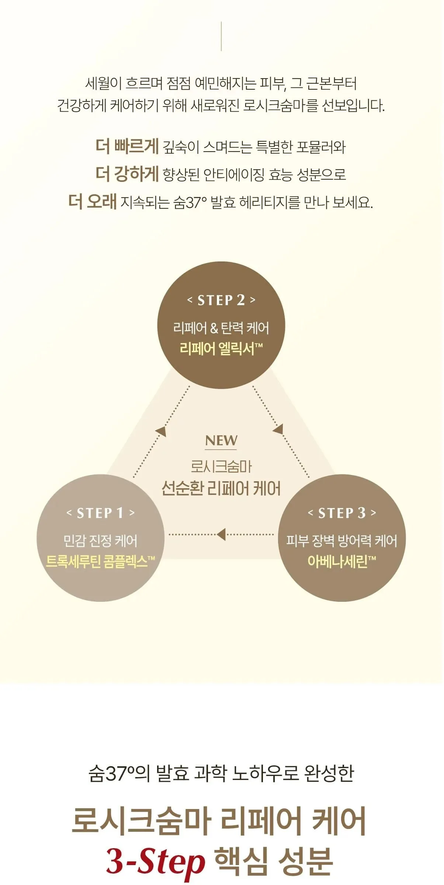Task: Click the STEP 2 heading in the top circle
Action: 221,300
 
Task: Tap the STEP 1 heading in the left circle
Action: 100,513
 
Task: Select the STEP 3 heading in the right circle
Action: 342,513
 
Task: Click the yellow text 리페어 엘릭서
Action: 221,348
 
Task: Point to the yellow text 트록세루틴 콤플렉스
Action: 100,562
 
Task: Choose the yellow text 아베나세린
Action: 342,562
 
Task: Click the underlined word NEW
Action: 221,440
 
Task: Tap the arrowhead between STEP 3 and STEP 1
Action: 221,534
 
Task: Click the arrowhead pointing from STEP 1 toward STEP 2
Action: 161,431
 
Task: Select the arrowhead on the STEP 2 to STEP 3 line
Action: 278,429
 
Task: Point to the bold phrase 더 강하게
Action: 127,174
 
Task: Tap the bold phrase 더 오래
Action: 93,202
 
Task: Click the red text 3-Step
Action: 155,862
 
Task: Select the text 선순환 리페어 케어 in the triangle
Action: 221,488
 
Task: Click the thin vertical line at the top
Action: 221,36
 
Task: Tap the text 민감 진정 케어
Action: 100,541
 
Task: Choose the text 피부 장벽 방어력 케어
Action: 342,541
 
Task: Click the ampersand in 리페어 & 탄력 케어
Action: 214,328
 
